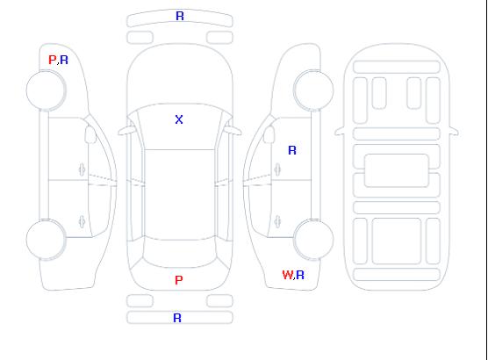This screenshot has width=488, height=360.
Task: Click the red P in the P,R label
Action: point(52,60)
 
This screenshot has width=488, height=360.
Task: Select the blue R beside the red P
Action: point(64,60)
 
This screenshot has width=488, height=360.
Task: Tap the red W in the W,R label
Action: point(288,275)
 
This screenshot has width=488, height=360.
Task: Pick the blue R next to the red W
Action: point(300,275)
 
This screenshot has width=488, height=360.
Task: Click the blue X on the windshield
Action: point(179,119)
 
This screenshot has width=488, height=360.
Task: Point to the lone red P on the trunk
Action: point(179,280)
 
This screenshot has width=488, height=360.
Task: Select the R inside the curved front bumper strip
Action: point(180,16)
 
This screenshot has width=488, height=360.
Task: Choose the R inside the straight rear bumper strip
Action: point(177,318)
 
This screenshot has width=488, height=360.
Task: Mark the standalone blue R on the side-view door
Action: point(292,150)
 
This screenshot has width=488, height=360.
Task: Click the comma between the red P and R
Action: point(58,63)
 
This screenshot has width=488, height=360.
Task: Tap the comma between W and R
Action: point(294,278)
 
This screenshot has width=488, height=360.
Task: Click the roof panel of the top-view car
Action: point(180,195)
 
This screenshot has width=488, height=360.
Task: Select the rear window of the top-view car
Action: point(180,253)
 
